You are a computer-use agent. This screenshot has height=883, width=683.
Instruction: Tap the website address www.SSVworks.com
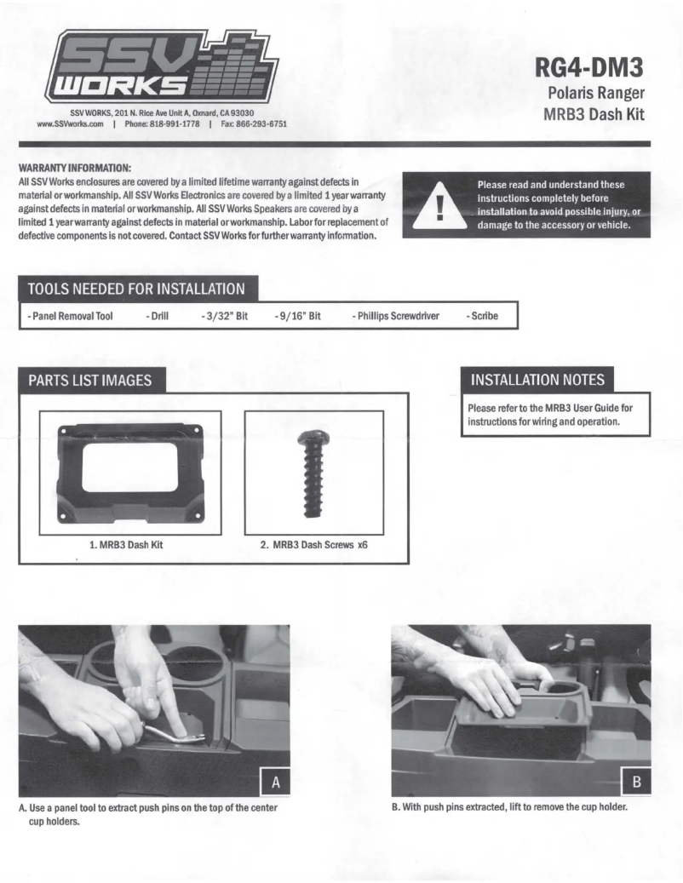[71, 123]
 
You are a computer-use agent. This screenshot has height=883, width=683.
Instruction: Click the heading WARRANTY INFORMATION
[74, 169]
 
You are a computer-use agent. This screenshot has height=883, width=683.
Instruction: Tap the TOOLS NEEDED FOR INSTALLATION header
[136, 289]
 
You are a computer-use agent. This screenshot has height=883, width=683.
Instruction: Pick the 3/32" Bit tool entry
[224, 316]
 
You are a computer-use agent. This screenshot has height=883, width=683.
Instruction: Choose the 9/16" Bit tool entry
[297, 316]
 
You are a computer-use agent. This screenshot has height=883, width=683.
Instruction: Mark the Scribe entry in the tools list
[482, 316]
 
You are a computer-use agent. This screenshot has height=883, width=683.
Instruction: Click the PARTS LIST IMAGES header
[90, 381]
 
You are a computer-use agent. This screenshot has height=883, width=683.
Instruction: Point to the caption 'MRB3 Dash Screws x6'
[319, 545]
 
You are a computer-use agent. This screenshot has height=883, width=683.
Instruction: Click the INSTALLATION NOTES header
[537, 378]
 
